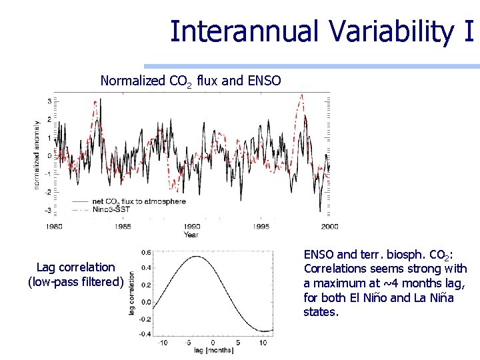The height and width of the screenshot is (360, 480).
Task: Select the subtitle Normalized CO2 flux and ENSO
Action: click(191, 81)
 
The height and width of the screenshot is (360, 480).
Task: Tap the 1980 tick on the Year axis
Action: click(55, 227)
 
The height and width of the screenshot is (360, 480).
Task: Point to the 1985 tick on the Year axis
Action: click(123, 227)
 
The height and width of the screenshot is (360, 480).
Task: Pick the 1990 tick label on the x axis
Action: click(192, 227)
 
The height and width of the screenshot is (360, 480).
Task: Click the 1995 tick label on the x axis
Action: click(261, 227)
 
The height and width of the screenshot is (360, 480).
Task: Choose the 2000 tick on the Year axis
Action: click(329, 227)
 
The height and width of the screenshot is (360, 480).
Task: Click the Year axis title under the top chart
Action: click(191, 235)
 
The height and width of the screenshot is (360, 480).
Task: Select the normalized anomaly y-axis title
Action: click(37, 155)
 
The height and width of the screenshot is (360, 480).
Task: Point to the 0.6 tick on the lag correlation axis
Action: click(146, 252)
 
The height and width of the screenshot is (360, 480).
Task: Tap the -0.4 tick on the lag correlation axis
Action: click(145, 333)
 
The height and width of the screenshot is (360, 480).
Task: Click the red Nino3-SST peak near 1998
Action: click(301, 95)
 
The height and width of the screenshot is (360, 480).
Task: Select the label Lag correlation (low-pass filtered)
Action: click(75, 275)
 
